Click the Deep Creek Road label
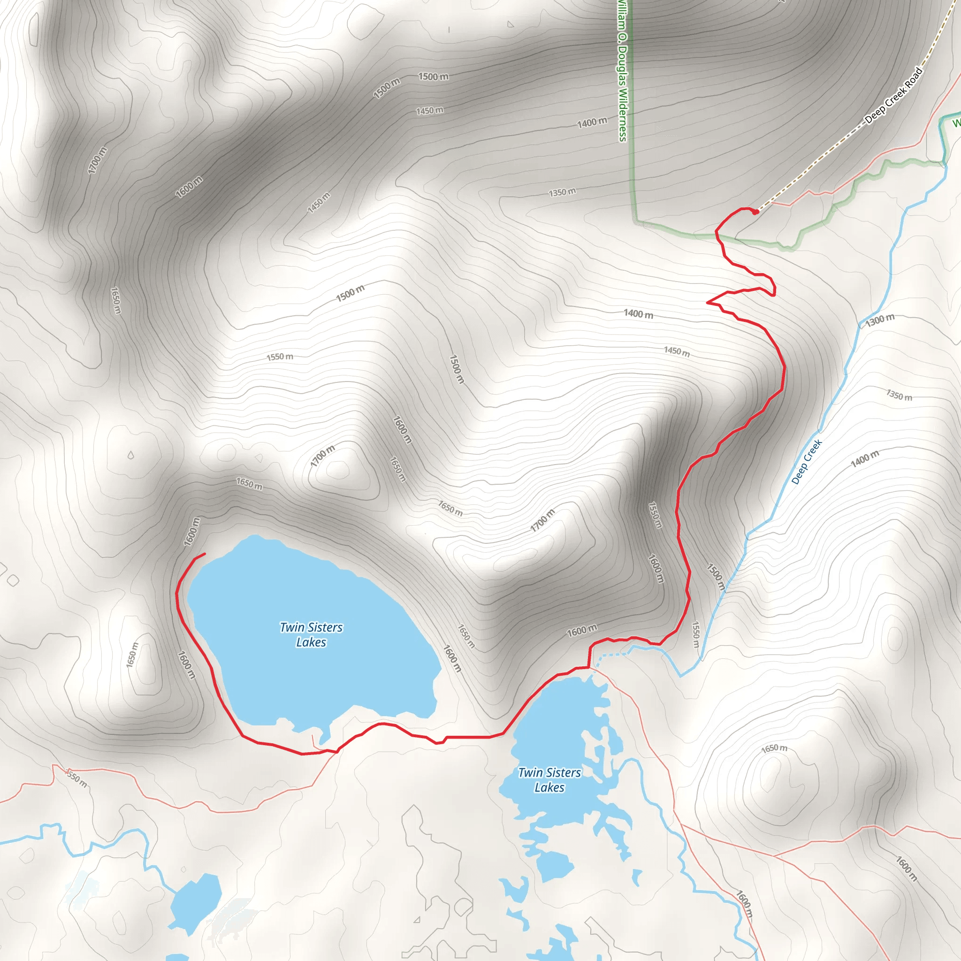point(894,96)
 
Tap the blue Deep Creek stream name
point(806,462)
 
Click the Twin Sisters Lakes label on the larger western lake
point(311,635)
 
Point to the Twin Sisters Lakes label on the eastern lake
point(549,780)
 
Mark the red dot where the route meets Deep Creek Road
point(755,213)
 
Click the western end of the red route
point(205,554)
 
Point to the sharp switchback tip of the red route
point(708,302)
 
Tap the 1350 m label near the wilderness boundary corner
point(562,192)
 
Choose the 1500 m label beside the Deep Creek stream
point(716,577)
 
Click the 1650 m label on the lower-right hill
point(774,748)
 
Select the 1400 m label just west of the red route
point(639,314)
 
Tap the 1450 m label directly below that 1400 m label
point(677,351)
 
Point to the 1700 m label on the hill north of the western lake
point(322,456)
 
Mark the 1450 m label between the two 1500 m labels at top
point(430,110)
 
